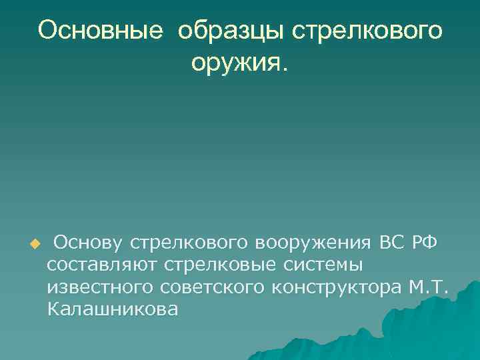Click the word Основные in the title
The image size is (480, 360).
100,31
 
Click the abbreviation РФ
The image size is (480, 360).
425,241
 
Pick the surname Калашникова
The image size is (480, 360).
113,311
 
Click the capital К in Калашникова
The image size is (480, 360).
53,311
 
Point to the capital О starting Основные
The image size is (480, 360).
47,31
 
